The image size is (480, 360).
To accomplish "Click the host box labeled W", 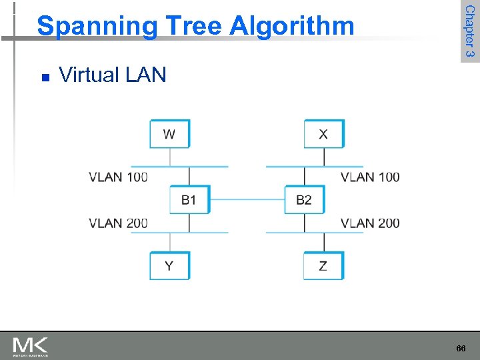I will coord(169,134).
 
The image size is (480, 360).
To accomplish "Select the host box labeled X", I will coord(323,134).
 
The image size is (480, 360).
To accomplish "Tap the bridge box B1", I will coord(189,199).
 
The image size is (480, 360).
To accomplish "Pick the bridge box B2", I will coord(304,199).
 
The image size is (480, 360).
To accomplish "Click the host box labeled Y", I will coord(169,265).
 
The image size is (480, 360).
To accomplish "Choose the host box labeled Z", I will coord(323,265).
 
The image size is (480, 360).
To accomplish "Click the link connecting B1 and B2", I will coord(247,199).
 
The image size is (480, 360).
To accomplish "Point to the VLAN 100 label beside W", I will coord(118,177).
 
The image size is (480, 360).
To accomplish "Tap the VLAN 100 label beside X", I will coord(370,177).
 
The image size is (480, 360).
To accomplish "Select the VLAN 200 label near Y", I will coord(118,223).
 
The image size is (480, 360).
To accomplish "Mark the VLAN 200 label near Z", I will coord(370,223).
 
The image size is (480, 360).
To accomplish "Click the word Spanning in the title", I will coord(97,26).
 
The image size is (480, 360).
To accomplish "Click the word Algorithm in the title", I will coord(292,26).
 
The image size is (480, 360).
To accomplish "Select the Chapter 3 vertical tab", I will coord(469,31).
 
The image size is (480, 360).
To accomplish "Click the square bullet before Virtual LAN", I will coord(45,77).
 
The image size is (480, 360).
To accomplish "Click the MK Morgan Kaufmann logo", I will coord(30,346).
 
